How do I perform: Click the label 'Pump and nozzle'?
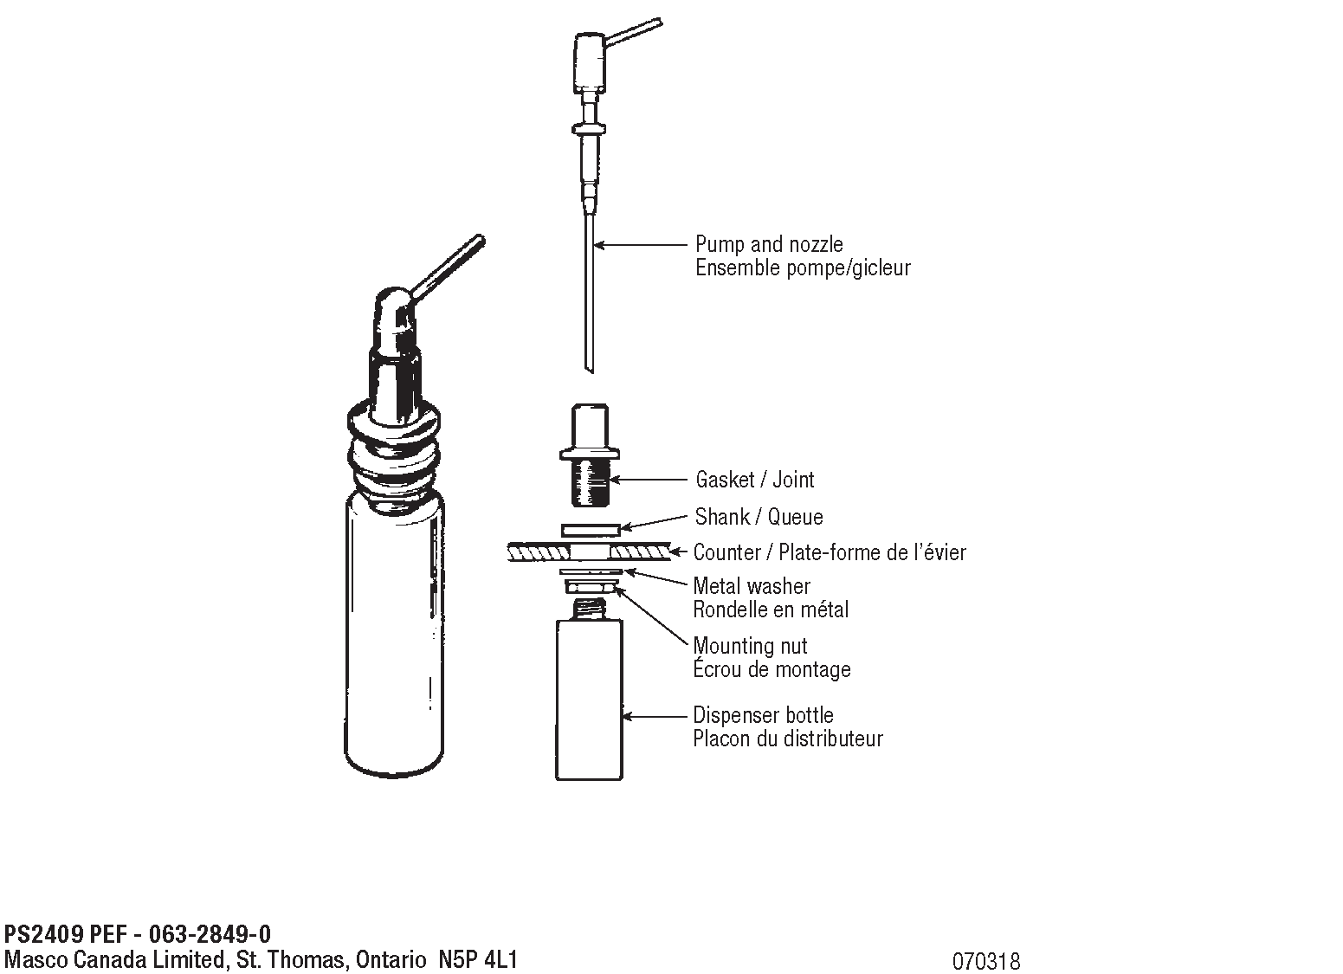pyautogui.click(x=769, y=244)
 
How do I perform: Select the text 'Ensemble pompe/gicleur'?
pyautogui.click(x=803, y=268)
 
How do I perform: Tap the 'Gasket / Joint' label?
pyautogui.click(x=755, y=480)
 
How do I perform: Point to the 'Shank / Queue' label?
pyautogui.click(x=759, y=517)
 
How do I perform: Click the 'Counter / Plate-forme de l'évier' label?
pyautogui.click(x=830, y=552)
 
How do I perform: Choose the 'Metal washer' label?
pyautogui.click(x=752, y=586)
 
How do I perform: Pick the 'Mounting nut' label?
pyautogui.click(x=750, y=646)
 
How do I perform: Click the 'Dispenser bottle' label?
pyautogui.click(x=763, y=715)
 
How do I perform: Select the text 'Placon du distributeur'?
pyautogui.click(x=787, y=739)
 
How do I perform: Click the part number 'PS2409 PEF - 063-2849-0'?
pyautogui.click(x=138, y=934)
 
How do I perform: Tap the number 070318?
pyautogui.click(x=986, y=961)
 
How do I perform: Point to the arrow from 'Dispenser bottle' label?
pyautogui.click(x=655, y=716)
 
